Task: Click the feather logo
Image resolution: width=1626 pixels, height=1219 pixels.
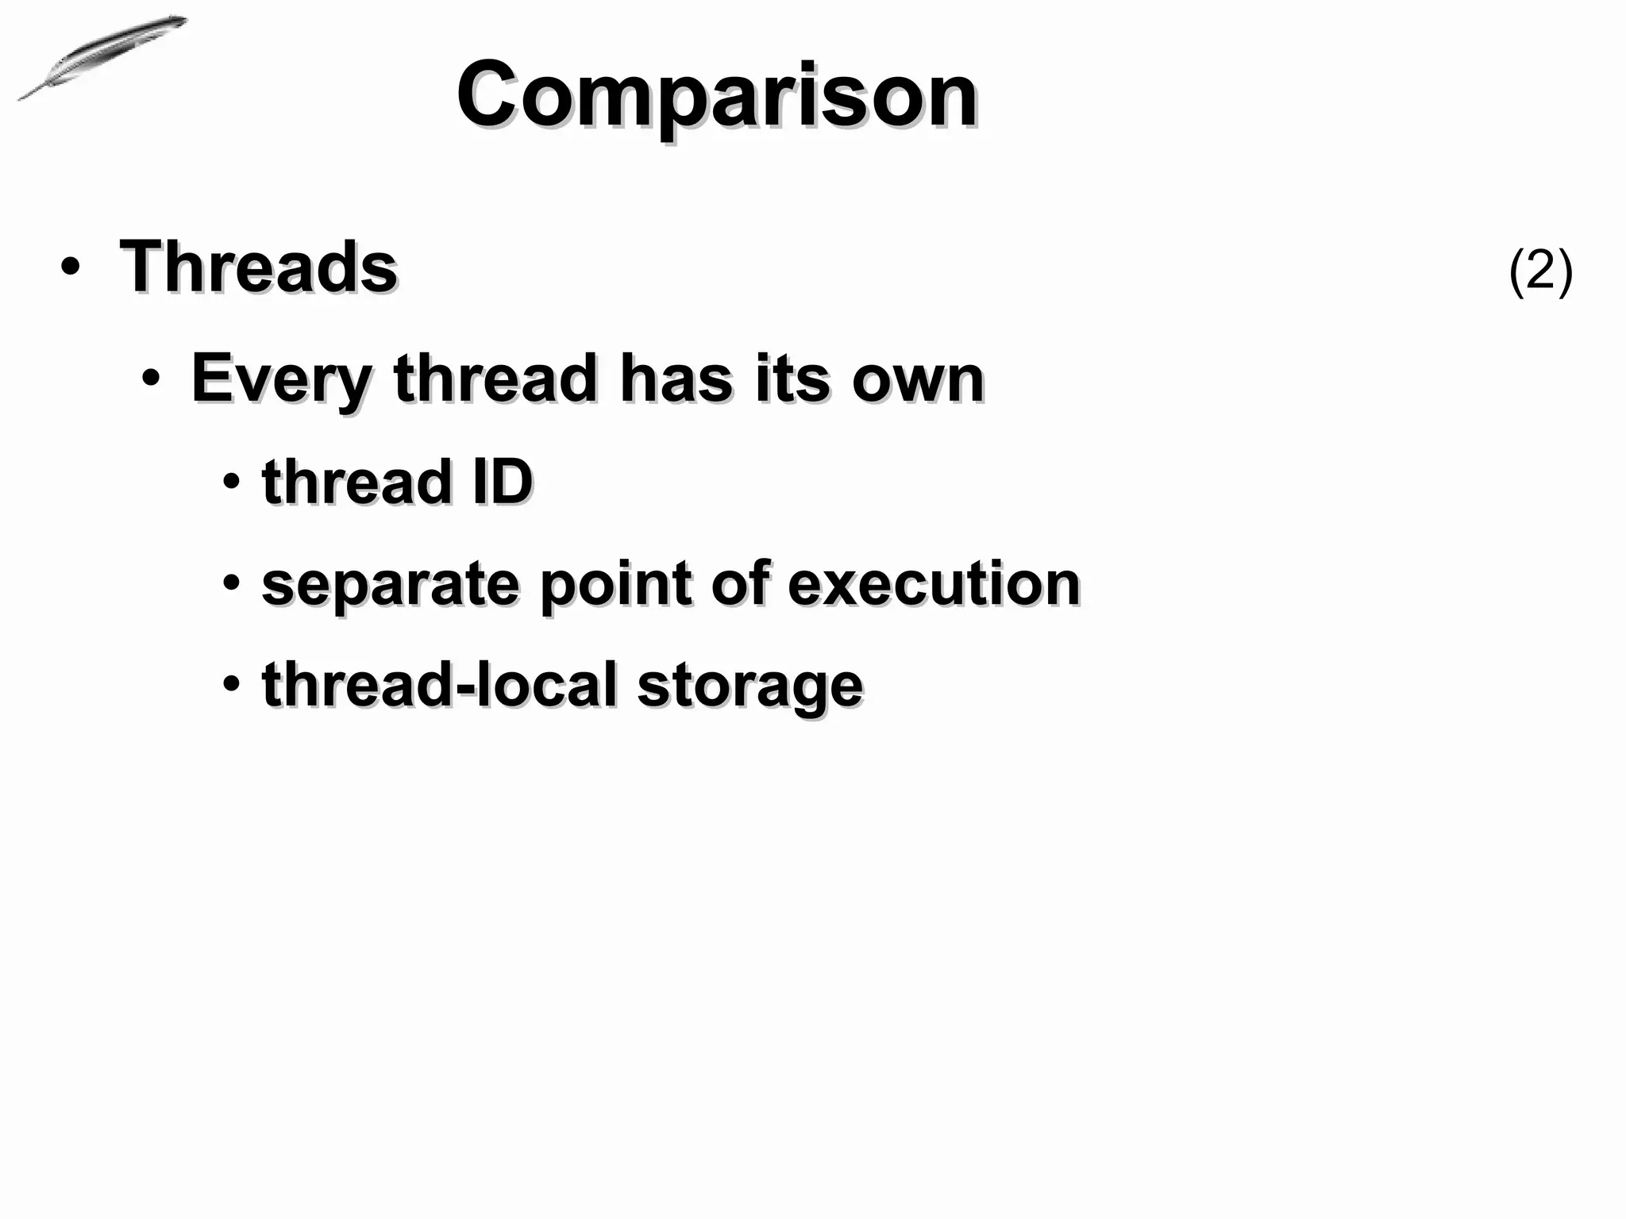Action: tap(102, 57)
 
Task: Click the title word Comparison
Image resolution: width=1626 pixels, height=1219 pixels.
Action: tap(716, 95)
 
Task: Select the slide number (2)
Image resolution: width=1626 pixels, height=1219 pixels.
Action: tap(1540, 271)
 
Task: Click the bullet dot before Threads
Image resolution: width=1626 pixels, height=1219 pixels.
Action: tap(70, 268)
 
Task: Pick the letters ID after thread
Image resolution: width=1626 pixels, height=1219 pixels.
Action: tap(503, 482)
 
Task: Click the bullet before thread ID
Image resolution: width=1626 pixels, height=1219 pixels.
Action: tap(231, 482)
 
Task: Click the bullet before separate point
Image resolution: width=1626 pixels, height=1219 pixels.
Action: tap(231, 583)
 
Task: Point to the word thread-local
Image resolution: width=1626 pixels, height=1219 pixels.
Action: tap(439, 684)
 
